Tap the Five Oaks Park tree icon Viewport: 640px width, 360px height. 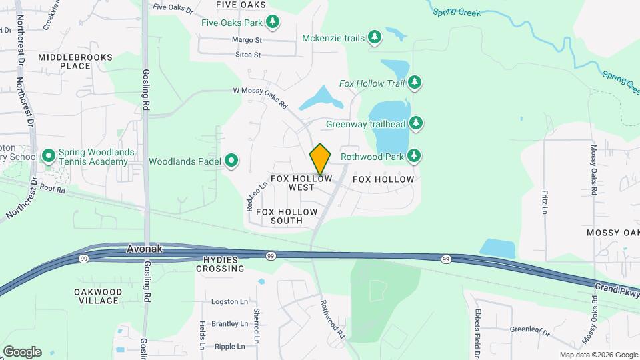coord(273,23)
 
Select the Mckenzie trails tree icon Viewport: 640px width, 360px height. coord(375,38)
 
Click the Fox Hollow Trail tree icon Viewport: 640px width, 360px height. coord(415,83)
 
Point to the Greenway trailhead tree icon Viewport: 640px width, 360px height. coord(415,123)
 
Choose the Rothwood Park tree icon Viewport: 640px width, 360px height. coord(415,157)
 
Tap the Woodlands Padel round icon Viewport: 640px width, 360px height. coord(231,161)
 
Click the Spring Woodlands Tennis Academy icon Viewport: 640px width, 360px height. coord(48,157)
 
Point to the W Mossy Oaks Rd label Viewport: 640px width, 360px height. coord(261,97)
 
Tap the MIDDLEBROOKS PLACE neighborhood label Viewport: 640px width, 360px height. coord(65,62)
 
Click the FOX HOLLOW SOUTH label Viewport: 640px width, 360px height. coord(287,216)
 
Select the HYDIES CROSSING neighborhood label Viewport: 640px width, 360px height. coord(220,264)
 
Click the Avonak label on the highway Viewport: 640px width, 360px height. coord(145,249)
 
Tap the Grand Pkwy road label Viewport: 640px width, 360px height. coord(617,290)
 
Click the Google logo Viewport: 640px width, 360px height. coord(22,351)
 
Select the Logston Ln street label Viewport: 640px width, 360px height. coord(229,302)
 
